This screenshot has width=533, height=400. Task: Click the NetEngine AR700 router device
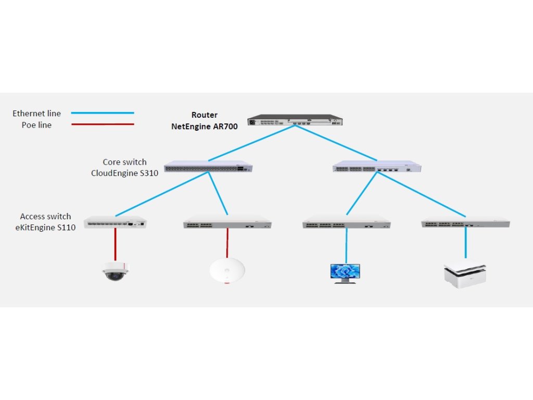pos(295,120)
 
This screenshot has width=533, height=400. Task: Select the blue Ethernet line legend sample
pos(103,113)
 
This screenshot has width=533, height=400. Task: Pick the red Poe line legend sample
pos(103,124)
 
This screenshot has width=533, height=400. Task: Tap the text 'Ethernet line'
pos(36,114)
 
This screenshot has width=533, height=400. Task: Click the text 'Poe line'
pos(36,125)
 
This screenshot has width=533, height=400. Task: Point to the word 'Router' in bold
pos(205,115)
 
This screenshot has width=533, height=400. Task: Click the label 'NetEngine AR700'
pos(205,127)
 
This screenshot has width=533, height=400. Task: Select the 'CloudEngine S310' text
pos(124,173)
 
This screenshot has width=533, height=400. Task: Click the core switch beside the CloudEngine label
pos(208,167)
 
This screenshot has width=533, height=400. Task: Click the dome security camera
pos(115,271)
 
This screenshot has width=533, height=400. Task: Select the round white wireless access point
pos(227,270)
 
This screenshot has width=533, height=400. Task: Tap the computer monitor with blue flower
pos(345,272)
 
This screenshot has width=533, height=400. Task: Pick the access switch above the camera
pos(115,222)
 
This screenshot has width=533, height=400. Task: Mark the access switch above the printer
pos(465,223)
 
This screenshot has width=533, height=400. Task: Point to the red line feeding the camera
pos(116,244)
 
